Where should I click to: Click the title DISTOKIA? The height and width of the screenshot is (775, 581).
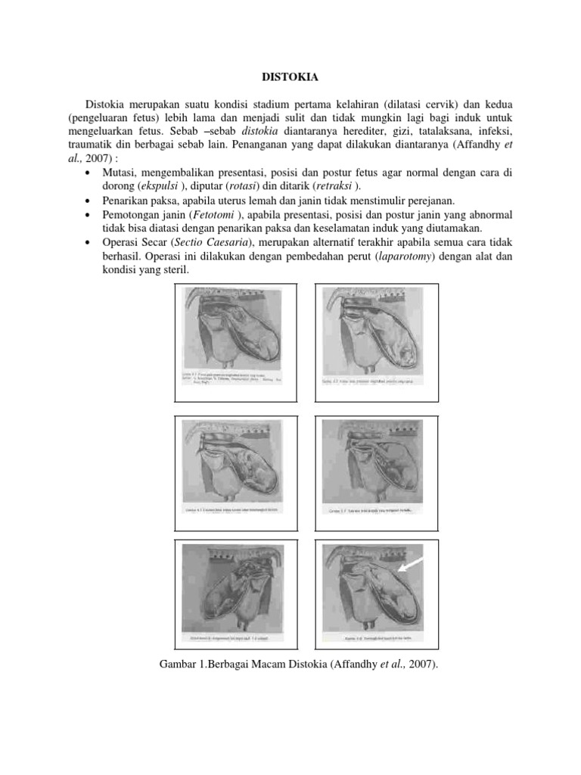pos(290,76)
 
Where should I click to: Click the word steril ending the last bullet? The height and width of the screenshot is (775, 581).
pos(177,271)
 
